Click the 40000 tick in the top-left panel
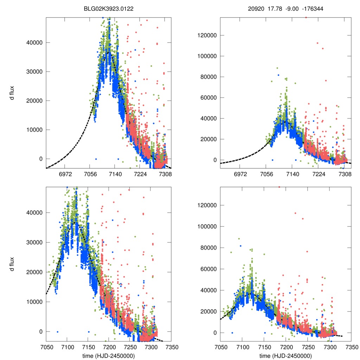[x=34, y=43]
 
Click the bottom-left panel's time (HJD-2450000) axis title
[x=109, y=355]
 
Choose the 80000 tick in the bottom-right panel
[x=209, y=248]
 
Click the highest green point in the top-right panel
[x=277, y=68]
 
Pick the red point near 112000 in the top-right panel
[x=317, y=43]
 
